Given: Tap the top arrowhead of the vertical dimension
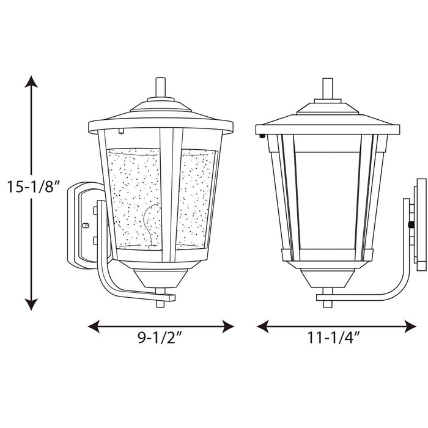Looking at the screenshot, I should tap(31, 81).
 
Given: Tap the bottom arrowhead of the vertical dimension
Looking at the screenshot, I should tap(31, 304).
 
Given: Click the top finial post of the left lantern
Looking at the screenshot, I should tap(160, 87).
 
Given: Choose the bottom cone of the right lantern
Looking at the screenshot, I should tap(328, 279).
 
